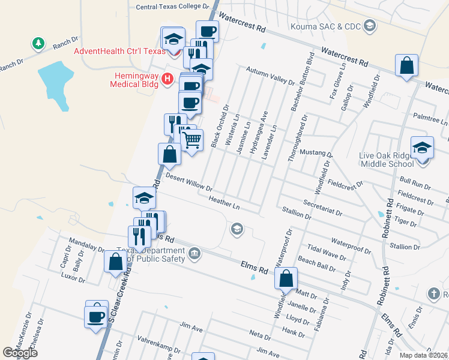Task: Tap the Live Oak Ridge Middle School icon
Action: pyautogui.click(x=422, y=146)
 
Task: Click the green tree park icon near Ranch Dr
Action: pyautogui.click(x=38, y=43)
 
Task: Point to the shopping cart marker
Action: pyautogui.click(x=191, y=141)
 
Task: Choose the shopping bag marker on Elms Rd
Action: pyautogui.click(x=286, y=278)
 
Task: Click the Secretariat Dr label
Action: pyautogui.click(x=322, y=208)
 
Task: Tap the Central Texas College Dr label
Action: pyautogui.click(x=172, y=7)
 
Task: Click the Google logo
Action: pyautogui.click(x=20, y=353)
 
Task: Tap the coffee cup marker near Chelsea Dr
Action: pyautogui.click(x=96, y=316)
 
